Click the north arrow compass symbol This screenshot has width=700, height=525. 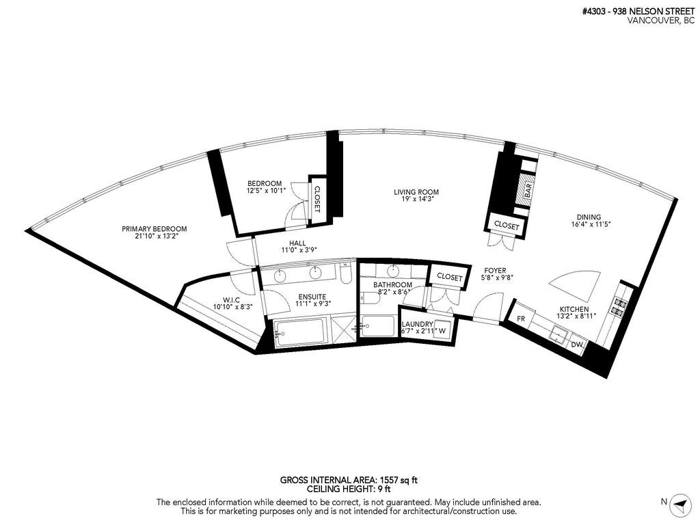[679, 503]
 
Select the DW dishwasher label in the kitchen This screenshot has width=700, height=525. [576, 345]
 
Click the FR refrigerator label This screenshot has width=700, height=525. [521, 319]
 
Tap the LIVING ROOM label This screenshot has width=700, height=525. [416, 192]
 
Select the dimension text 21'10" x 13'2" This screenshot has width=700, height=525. [154, 238]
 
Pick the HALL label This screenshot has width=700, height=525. [297, 243]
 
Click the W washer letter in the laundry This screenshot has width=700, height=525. [442, 332]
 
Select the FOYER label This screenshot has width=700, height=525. [495, 271]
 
